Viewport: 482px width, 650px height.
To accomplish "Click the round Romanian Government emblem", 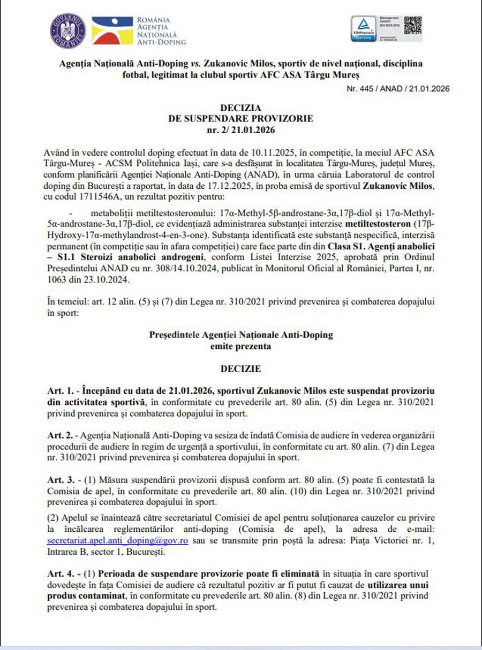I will point(68,30).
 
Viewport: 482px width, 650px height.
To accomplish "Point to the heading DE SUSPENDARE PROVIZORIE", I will point(240,118).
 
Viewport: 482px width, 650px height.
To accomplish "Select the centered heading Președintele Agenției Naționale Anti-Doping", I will point(240,335).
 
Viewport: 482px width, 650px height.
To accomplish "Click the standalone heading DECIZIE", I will point(240,369).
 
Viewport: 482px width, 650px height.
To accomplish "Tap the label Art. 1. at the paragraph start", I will point(58,391).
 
